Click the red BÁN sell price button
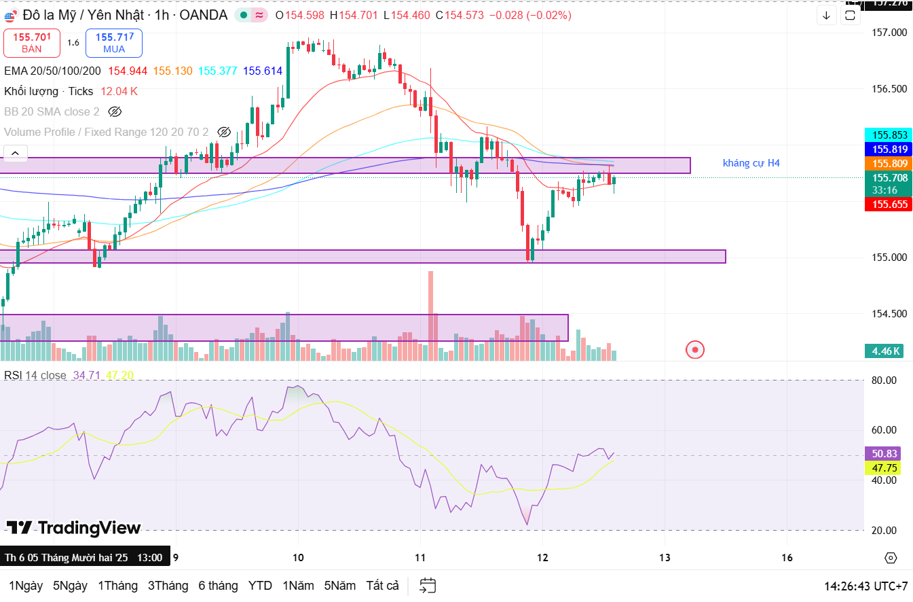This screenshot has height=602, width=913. pos(31,43)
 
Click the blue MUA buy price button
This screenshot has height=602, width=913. pos(114,43)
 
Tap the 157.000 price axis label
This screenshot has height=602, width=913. pos(889,33)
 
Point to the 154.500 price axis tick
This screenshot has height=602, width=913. pos(889,313)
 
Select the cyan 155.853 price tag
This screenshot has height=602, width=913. pos(889,135)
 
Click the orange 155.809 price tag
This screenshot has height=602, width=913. pos(889,163)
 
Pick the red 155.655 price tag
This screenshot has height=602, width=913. pos(889,204)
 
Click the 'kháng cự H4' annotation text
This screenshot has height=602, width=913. pos(751,163)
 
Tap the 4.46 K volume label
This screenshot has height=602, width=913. pos(887,351)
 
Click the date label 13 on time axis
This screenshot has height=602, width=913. pos(665,557)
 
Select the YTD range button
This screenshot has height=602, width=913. pos(260,585)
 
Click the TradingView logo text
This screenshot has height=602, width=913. pos(74,527)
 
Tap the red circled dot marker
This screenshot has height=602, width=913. pos(695,350)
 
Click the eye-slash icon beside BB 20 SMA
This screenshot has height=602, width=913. pos(114,111)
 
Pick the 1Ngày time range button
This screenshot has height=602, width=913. pos(26,585)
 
